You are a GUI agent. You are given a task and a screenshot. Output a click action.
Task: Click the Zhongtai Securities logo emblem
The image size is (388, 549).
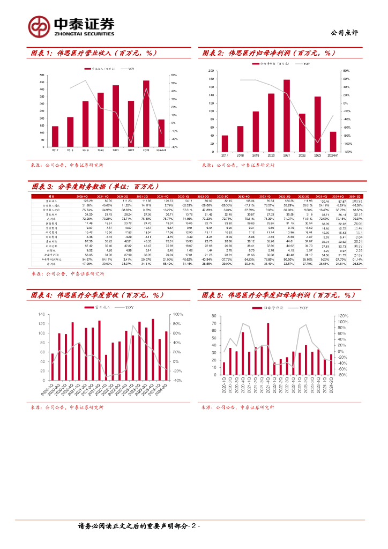point(39,26)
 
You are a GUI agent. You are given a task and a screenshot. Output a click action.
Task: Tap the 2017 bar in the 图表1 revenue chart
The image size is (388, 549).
point(55,137)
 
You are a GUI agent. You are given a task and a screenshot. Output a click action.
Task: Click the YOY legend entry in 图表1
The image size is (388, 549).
point(130,69)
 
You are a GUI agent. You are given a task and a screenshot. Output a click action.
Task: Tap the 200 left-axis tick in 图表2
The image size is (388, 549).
point(212,71)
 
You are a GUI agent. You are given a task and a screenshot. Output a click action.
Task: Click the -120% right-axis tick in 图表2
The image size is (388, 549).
point(347,152)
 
